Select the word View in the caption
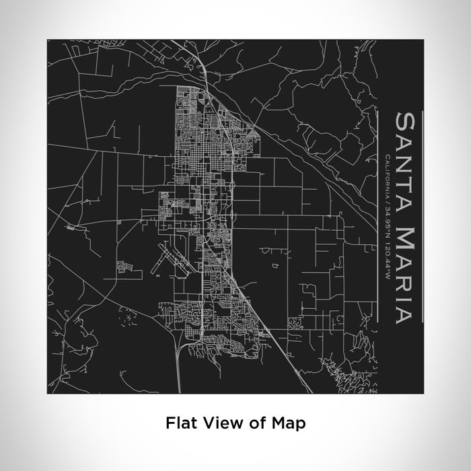pyautogui.click(x=214, y=423)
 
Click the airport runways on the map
pyautogui.click(x=166, y=259)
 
